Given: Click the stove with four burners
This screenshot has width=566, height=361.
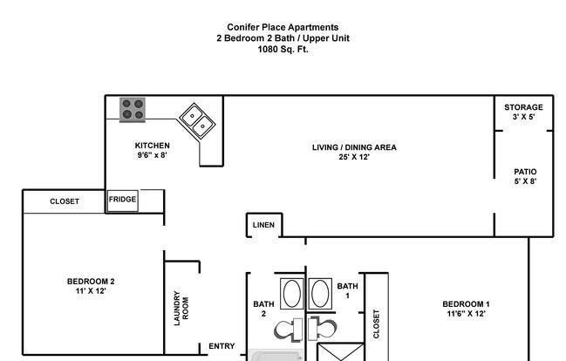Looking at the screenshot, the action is tap(133, 110).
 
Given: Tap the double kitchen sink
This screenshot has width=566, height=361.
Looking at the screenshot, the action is tap(197, 120).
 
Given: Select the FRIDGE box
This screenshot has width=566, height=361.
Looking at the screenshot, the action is tap(123, 201).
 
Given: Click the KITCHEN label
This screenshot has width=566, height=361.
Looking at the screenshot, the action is tap(153, 146).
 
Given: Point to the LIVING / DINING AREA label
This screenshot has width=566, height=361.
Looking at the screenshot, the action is tap(354, 147).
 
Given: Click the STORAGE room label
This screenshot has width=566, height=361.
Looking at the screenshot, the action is tap(523, 107).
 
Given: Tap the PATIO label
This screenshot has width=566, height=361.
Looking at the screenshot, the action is tap(525, 172).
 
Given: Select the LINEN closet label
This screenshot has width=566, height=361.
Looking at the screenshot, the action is tap(263, 225).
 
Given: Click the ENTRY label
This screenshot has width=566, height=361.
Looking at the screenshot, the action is tap(222, 346).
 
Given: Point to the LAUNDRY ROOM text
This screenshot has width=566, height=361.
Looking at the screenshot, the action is tap(181, 309).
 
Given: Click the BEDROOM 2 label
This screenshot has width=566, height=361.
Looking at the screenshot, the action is tap(91, 282).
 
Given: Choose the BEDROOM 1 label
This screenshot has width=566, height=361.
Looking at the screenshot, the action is tap(466, 304).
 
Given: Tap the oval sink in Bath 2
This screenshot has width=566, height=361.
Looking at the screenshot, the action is tap(292, 294).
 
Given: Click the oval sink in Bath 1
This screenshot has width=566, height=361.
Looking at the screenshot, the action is tap(320, 294).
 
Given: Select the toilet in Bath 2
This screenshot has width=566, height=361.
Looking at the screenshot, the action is tap(288, 330).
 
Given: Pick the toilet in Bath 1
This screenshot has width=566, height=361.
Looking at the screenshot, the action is tap(323, 329).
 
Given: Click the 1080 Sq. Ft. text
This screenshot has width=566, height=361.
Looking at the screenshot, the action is tap(283, 49).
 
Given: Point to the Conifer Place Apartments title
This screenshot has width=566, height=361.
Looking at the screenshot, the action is tap(283, 27).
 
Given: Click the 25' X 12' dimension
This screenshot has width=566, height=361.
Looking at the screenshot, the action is tap(354, 157).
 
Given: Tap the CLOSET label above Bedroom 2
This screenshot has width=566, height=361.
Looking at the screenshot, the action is tap(65, 201).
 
